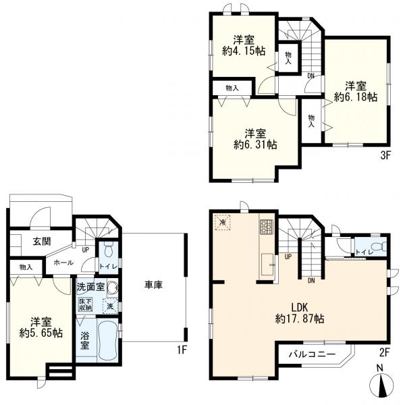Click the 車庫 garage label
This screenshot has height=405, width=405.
[153, 285]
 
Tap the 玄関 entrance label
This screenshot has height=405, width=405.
[42, 242]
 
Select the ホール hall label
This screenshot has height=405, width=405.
[63, 263]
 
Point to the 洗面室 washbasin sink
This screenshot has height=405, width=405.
[113, 288]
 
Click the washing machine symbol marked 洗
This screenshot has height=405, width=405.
[111, 306]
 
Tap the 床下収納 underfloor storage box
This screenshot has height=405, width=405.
[85, 305]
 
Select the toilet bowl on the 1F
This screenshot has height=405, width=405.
[108, 250]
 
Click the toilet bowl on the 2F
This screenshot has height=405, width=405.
[381, 246]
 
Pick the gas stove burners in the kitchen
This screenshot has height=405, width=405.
[266, 226]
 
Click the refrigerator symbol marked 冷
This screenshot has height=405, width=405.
[222, 222]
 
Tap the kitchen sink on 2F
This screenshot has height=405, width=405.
[267, 264]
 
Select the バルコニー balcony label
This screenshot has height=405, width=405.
[312, 354]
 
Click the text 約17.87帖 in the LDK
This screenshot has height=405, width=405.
[300, 319]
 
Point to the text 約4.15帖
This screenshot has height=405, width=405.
[244, 51]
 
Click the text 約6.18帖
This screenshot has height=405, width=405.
[356, 97]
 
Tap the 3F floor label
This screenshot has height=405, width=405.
[385, 156]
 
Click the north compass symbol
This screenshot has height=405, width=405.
[381, 382]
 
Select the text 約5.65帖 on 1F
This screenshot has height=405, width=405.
[40, 333]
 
